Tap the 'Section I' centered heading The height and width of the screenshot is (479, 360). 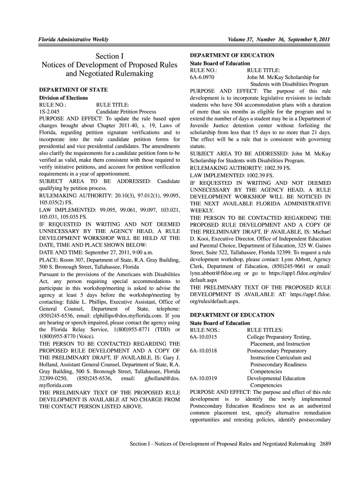(109, 57)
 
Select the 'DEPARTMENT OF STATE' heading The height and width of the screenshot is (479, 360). (73, 89)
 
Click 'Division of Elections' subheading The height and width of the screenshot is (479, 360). (63, 97)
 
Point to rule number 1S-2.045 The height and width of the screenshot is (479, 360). (49, 112)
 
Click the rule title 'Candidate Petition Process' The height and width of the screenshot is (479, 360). (126, 112)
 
